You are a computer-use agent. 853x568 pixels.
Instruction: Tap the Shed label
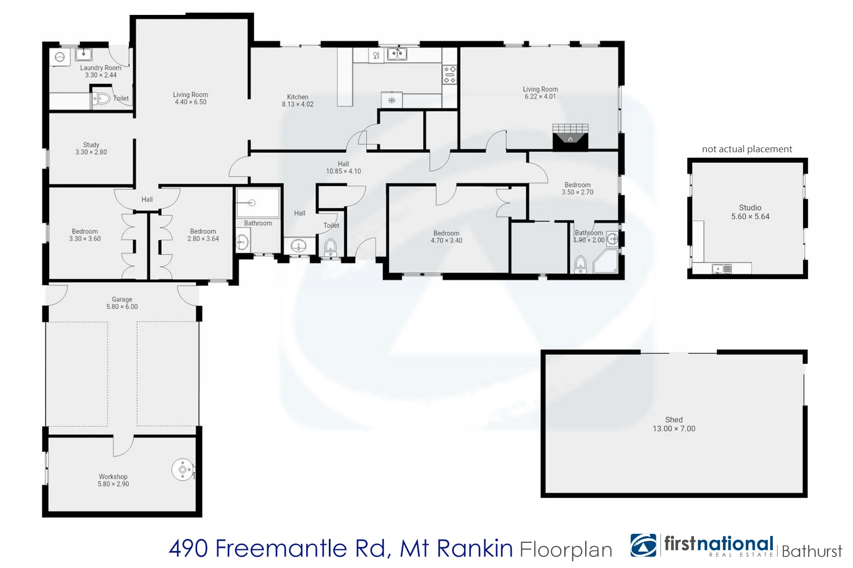point(674,420)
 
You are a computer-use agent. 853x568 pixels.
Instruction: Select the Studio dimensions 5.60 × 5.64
point(750,216)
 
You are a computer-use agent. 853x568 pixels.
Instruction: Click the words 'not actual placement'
point(747,149)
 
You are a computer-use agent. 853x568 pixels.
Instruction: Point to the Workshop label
point(113,476)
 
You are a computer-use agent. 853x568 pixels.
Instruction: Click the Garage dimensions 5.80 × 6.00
point(122,307)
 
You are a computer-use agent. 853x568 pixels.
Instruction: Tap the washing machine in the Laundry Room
point(60,57)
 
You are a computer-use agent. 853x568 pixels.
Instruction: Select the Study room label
point(91,145)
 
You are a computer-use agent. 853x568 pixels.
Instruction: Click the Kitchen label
point(298,97)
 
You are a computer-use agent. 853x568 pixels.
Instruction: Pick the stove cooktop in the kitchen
point(450,74)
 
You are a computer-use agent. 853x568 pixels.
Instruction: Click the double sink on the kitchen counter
point(397,54)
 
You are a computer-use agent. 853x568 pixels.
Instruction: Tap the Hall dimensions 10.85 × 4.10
point(343,171)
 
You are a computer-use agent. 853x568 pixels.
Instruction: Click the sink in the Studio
point(722,269)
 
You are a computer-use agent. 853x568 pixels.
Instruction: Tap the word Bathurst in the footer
point(812,551)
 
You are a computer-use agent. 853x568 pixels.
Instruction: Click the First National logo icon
point(644,545)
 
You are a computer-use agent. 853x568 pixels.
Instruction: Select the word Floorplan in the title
point(566,550)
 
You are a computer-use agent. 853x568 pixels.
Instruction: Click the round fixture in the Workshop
point(183,470)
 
